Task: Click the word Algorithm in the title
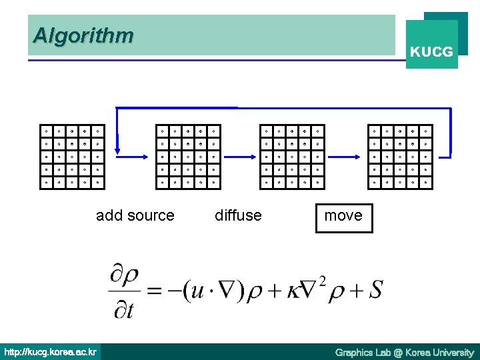[83, 35]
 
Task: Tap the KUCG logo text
[432, 51]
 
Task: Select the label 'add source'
[135, 215]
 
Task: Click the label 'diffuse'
[238, 215]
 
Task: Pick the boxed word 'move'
[343, 215]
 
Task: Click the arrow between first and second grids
[132, 156]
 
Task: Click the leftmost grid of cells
[72, 156]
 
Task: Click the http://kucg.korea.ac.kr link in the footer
[51, 352]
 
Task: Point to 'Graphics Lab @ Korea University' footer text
[404, 352]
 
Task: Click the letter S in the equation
[375, 291]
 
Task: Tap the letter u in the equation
[197, 292]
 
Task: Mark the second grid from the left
[186, 156]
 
